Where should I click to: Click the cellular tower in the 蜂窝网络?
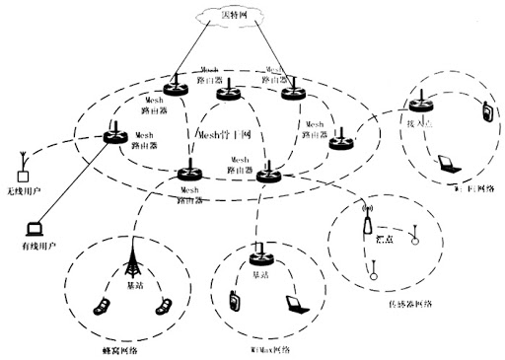[132, 260]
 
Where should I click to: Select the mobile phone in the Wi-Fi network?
[486, 112]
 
